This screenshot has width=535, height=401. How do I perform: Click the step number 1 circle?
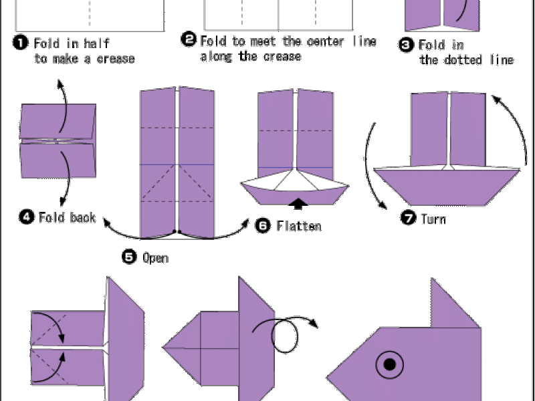click(21, 43)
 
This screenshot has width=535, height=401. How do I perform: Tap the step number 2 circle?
click(189, 39)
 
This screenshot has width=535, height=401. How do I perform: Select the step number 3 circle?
click(406, 45)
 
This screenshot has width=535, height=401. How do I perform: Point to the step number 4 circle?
click(27, 217)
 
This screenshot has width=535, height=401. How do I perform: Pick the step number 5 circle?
click(129, 257)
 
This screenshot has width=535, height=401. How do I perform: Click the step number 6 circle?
click(263, 225)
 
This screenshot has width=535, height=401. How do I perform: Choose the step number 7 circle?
click(408, 218)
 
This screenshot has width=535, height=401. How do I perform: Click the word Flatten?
click(299, 226)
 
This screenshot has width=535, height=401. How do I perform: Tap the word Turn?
click(433, 219)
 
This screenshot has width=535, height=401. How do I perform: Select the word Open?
click(156, 258)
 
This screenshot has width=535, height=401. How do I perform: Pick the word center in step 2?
click(325, 41)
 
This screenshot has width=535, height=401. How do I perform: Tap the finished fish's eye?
click(390, 364)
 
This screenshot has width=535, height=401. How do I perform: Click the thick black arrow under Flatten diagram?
click(298, 203)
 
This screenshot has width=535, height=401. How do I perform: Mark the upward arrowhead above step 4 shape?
click(60, 84)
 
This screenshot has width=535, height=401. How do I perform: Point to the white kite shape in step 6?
click(296, 180)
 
